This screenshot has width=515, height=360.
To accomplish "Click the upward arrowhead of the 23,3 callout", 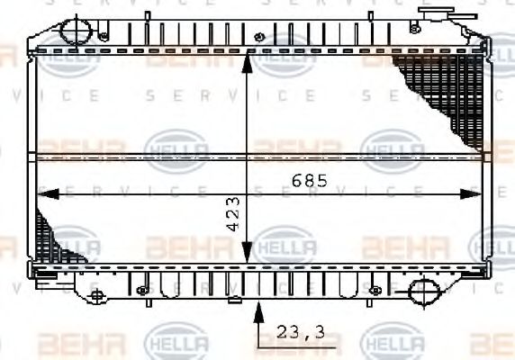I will point(261,310).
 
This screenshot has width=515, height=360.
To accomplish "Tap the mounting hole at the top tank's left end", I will point(104,37).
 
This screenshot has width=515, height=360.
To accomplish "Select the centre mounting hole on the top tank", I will point(259,37).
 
